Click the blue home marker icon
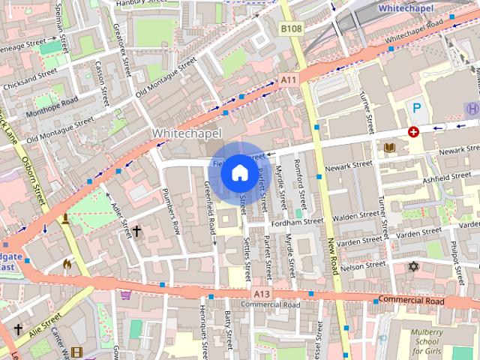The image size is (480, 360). pyautogui.click(x=238, y=172)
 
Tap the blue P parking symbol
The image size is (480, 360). pyautogui.click(x=417, y=109)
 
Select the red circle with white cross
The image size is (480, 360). pyautogui.click(x=412, y=132)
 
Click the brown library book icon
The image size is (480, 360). pyautogui.click(x=389, y=148)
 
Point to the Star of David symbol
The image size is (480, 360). pyautogui.click(x=412, y=266)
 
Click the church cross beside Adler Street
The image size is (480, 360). pyautogui.click(x=136, y=232)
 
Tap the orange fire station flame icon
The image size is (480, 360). pyautogui.click(x=67, y=264)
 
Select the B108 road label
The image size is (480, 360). pyautogui.click(x=291, y=28)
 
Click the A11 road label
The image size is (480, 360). pyautogui.click(x=288, y=79)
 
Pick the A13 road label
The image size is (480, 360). pyautogui.click(x=261, y=293)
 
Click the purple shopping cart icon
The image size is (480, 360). pyautogui.click(x=125, y=294)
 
